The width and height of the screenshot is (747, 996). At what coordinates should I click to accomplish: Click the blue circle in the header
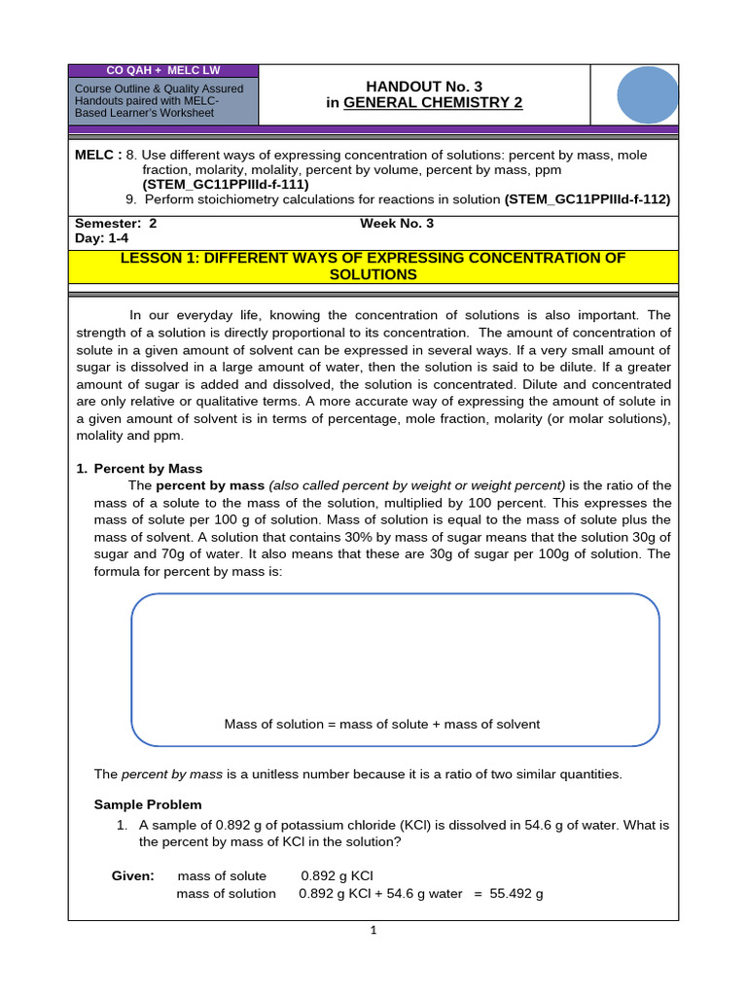(x=648, y=95)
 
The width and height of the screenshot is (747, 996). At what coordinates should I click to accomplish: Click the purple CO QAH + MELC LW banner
(x=163, y=71)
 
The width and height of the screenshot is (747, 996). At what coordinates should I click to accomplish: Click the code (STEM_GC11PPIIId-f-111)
(x=225, y=183)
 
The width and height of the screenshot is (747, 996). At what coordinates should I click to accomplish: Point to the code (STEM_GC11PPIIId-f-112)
(x=587, y=198)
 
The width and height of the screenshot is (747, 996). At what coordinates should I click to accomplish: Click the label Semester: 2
(x=116, y=223)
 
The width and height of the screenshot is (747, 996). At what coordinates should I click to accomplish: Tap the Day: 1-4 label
(x=102, y=237)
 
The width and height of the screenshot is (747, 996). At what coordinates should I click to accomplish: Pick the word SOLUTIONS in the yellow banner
(x=373, y=275)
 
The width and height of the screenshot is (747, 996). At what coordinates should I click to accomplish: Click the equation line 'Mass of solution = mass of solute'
(x=382, y=724)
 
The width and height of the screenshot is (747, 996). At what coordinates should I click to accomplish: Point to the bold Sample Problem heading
(x=148, y=804)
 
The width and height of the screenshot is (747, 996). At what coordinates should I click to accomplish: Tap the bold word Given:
(x=133, y=875)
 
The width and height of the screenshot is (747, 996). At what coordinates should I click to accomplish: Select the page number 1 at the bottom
(x=373, y=930)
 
